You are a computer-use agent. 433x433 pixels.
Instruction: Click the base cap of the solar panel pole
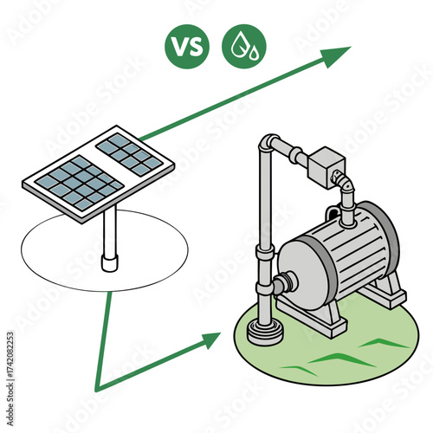(109, 260)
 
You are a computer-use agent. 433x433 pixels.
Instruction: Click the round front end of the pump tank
(299, 274)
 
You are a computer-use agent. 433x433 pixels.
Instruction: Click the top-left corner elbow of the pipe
(270, 144)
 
